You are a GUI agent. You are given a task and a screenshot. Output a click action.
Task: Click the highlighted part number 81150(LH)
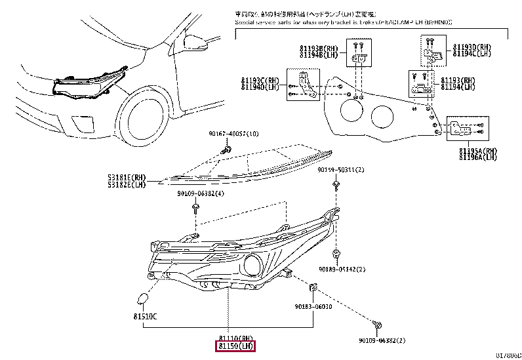(235, 346)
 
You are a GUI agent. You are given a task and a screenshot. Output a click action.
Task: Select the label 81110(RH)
(235, 337)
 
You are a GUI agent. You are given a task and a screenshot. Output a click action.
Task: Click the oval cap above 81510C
(142, 300)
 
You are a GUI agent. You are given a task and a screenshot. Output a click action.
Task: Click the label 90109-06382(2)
(382, 340)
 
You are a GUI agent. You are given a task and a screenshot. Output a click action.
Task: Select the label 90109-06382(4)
(200, 193)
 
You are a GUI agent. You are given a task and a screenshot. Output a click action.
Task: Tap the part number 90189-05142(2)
(342, 269)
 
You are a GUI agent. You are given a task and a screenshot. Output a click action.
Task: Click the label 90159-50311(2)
(341, 170)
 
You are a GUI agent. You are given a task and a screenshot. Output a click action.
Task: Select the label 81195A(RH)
(478, 150)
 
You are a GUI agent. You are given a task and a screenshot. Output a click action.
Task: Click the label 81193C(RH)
(259, 80)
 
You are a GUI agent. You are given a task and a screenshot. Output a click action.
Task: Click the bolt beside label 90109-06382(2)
(378, 325)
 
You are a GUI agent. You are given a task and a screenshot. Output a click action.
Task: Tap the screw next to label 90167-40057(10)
(226, 150)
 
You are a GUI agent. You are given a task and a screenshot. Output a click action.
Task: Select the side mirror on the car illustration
(195, 43)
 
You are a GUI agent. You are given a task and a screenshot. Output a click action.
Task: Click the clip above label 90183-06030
(314, 287)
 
